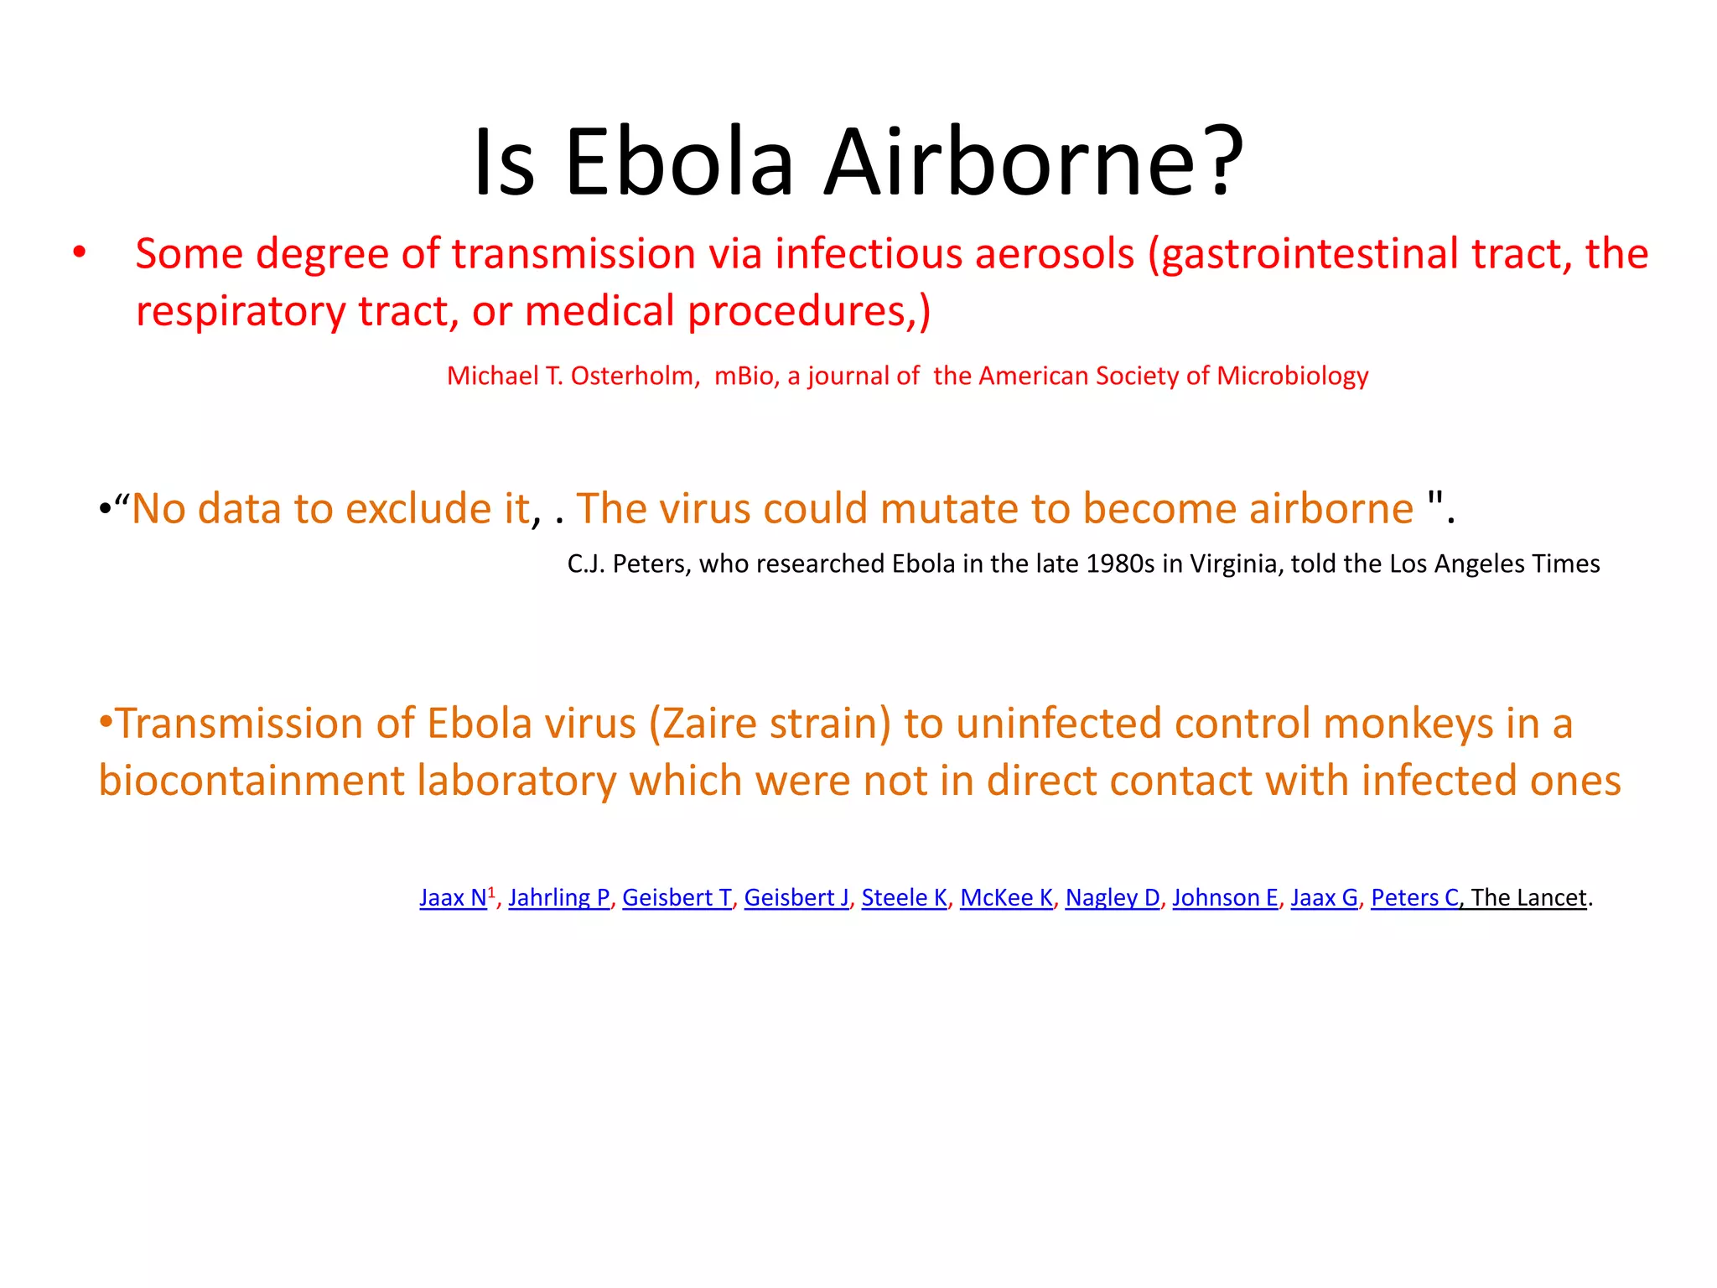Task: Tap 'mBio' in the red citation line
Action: tap(744, 376)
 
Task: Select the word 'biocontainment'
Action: tap(252, 781)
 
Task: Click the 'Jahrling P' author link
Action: tap(559, 898)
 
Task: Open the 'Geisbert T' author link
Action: tap(677, 898)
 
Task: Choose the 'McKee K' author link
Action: tap(1006, 898)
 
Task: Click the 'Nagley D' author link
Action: tap(1113, 898)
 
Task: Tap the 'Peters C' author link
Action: tap(1415, 898)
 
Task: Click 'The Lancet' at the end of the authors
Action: tap(1528, 898)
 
